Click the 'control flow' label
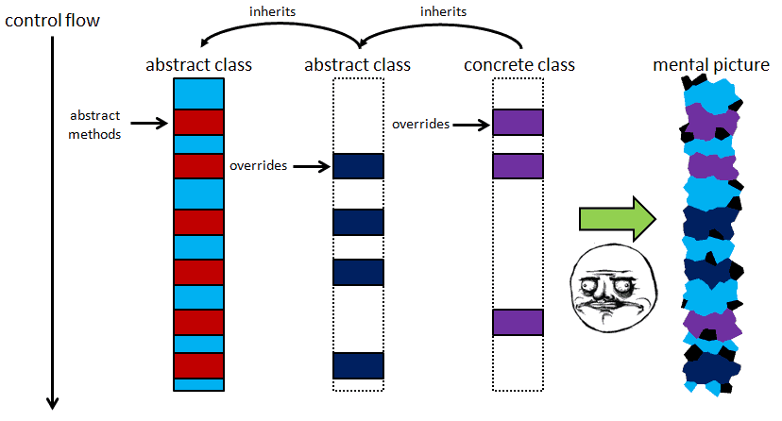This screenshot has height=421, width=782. click(53, 19)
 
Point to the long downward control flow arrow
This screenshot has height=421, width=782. click(53, 217)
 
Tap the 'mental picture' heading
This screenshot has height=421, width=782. click(711, 65)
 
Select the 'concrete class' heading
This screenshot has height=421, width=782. click(519, 65)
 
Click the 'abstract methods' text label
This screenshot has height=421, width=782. click(95, 125)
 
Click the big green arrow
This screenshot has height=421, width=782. click(616, 220)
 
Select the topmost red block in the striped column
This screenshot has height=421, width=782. click(198, 122)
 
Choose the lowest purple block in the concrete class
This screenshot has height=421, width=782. click(518, 321)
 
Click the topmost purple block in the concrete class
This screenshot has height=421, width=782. click(518, 122)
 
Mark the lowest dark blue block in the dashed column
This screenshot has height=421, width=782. click(358, 365)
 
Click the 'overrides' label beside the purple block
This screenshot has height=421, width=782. click(421, 124)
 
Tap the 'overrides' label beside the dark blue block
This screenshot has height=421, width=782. click(258, 166)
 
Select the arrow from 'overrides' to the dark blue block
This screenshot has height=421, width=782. click(312, 166)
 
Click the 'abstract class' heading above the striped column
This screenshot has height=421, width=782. click(198, 65)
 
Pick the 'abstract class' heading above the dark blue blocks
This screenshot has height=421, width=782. click(358, 65)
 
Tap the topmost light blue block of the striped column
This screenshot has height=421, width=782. click(198, 93)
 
